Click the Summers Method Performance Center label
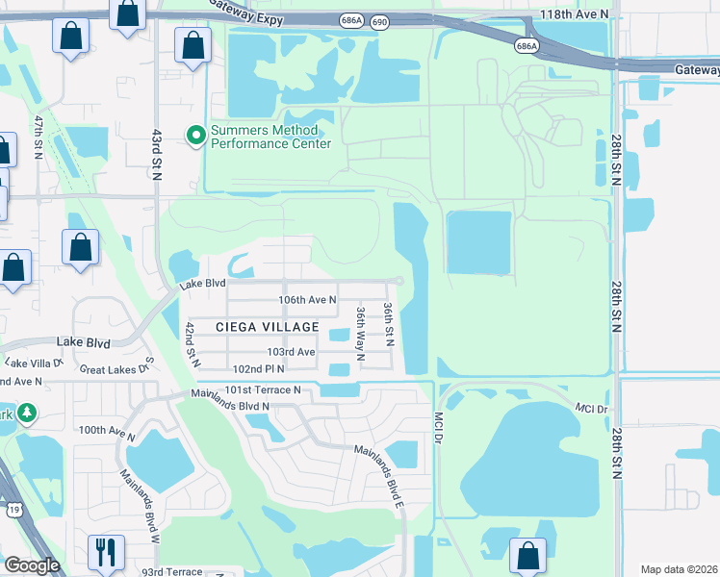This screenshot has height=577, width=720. coord(270,137)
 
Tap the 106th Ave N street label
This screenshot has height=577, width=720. coord(307,300)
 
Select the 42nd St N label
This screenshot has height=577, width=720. coord(192,344)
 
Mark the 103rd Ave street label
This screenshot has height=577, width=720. coord(293,353)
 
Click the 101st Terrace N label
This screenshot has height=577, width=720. coord(263,389)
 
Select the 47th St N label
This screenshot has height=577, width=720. coord(39,138)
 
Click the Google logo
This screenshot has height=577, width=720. coord(32,566)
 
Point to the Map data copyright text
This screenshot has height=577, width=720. coord(679,568)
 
